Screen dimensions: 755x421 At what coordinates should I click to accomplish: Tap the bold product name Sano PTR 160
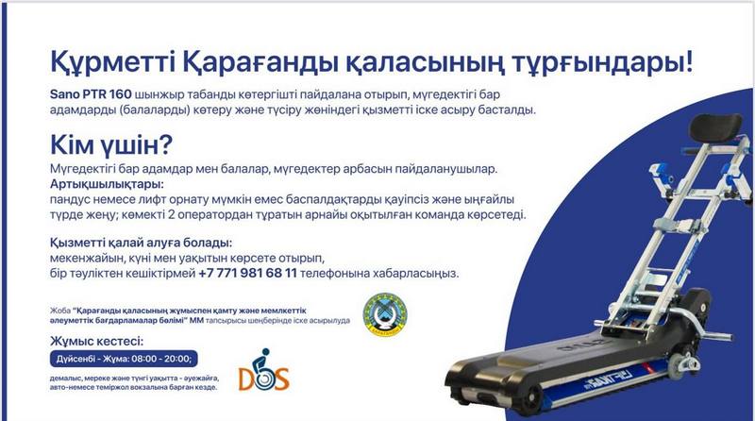pyautogui.click(x=91, y=94)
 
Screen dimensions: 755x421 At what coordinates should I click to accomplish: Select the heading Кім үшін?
pyautogui.click(x=110, y=144)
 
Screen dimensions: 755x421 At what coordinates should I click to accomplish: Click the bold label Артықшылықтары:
pyautogui.click(x=107, y=184)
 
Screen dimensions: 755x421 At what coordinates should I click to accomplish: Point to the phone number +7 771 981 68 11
pyautogui.click(x=247, y=273)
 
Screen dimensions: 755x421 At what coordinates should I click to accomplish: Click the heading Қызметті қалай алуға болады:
pyautogui.click(x=141, y=243)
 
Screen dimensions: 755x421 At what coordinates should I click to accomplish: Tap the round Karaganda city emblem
pyautogui.click(x=385, y=315)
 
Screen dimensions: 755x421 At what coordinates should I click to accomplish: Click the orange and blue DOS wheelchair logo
pyautogui.click(x=263, y=370)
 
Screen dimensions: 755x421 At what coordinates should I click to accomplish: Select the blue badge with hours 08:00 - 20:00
pyautogui.click(x=124, y=359)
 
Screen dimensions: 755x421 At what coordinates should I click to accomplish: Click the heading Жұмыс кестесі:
pyautogui.click(x=97, y=342)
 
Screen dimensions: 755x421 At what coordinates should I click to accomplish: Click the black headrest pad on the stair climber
pyautogui.click(x=715, y=127)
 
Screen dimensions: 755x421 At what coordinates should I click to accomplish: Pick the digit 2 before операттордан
pyautogui.click(x=172, y=215)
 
